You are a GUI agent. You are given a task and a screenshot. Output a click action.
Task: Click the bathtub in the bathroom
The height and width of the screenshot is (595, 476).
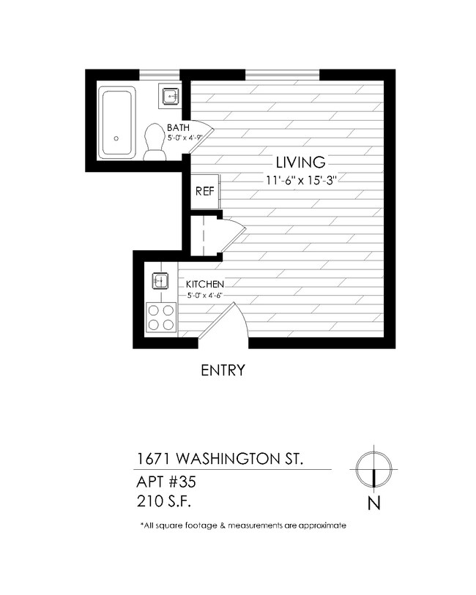[117, 121]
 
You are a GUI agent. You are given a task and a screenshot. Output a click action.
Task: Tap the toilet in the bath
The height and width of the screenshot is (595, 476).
[155, 141]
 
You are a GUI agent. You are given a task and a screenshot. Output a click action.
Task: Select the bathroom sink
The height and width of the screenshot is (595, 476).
[171, 95]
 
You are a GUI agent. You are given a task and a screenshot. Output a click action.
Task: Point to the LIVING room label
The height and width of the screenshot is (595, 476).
[300, 162]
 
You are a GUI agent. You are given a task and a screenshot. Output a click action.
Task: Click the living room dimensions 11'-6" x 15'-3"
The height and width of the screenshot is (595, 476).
[300, 179]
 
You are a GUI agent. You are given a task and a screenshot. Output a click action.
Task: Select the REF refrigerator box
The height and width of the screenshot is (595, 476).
[204, 192]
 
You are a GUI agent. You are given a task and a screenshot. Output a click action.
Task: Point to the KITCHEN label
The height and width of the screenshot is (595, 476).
[204, 284]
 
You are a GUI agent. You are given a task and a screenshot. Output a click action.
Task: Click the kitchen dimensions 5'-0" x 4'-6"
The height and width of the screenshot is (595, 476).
[204, 296]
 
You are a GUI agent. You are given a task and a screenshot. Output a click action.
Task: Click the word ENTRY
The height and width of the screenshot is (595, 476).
[223, 370]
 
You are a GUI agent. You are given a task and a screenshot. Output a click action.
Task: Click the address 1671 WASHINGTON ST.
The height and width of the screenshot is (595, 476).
[220, 459]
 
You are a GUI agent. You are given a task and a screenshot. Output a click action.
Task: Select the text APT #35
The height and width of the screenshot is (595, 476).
[167, 483]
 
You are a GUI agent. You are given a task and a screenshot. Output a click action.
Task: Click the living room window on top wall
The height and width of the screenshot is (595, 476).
[282, 73]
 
